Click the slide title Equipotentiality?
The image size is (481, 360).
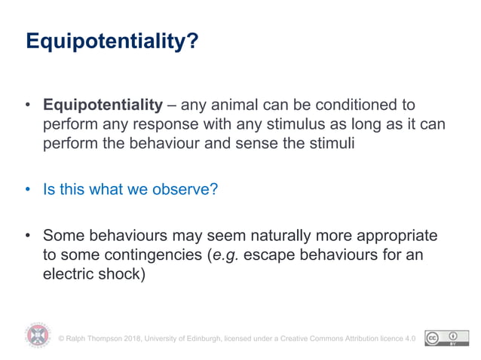[x=112, y=41]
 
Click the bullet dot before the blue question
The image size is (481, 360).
[x=28, y=189]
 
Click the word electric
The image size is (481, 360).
[x=68, y=273]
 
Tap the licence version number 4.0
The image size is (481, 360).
[x=410, y=339]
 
